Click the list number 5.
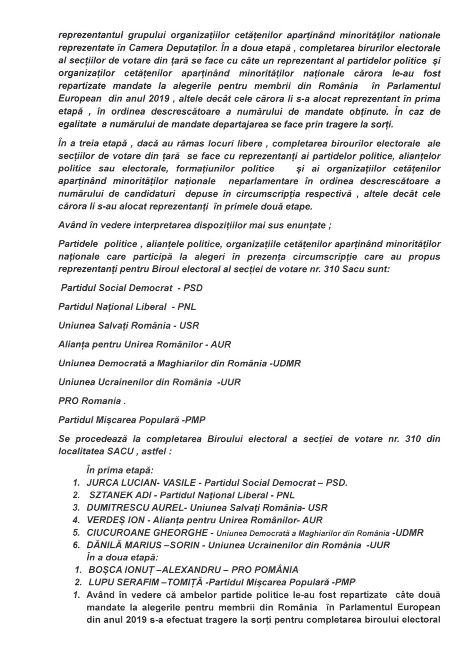tap(75, 533)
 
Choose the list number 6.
tap(75, 545)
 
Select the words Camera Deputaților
tap(176, 47)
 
